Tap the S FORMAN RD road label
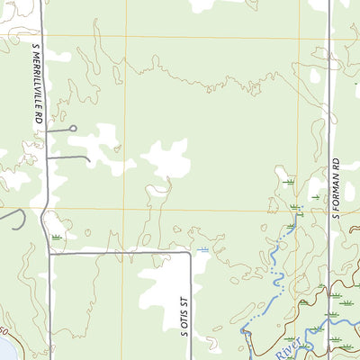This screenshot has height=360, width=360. (x=335, y=189)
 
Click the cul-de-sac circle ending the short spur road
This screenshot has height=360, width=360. (x=73, y=129)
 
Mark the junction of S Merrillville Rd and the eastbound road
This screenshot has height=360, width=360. (x=49, y=253)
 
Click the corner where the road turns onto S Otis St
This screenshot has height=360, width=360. (x=190, y=253)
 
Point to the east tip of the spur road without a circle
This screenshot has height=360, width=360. (x=90, y=161)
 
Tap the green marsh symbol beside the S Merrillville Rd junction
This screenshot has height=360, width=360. (x=58, y=237)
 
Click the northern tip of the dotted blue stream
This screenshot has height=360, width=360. (x=297, y=211)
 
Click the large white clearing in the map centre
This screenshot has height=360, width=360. (x=166, y=158)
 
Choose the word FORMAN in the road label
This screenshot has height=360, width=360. (x=335, y=185)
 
